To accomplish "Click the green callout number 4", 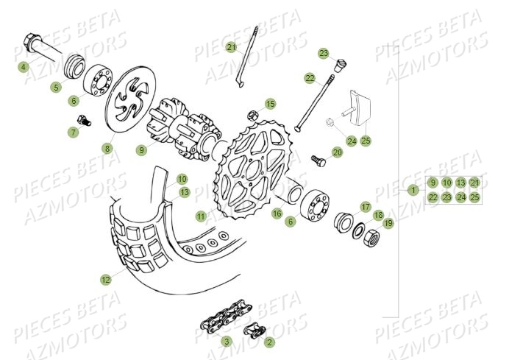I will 24,67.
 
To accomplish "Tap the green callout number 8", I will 107,148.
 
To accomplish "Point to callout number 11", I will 201,216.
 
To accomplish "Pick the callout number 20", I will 338,152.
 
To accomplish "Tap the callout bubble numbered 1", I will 415,190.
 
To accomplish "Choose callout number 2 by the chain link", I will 270,342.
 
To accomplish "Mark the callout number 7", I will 73,133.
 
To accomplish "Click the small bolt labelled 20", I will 318,158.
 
